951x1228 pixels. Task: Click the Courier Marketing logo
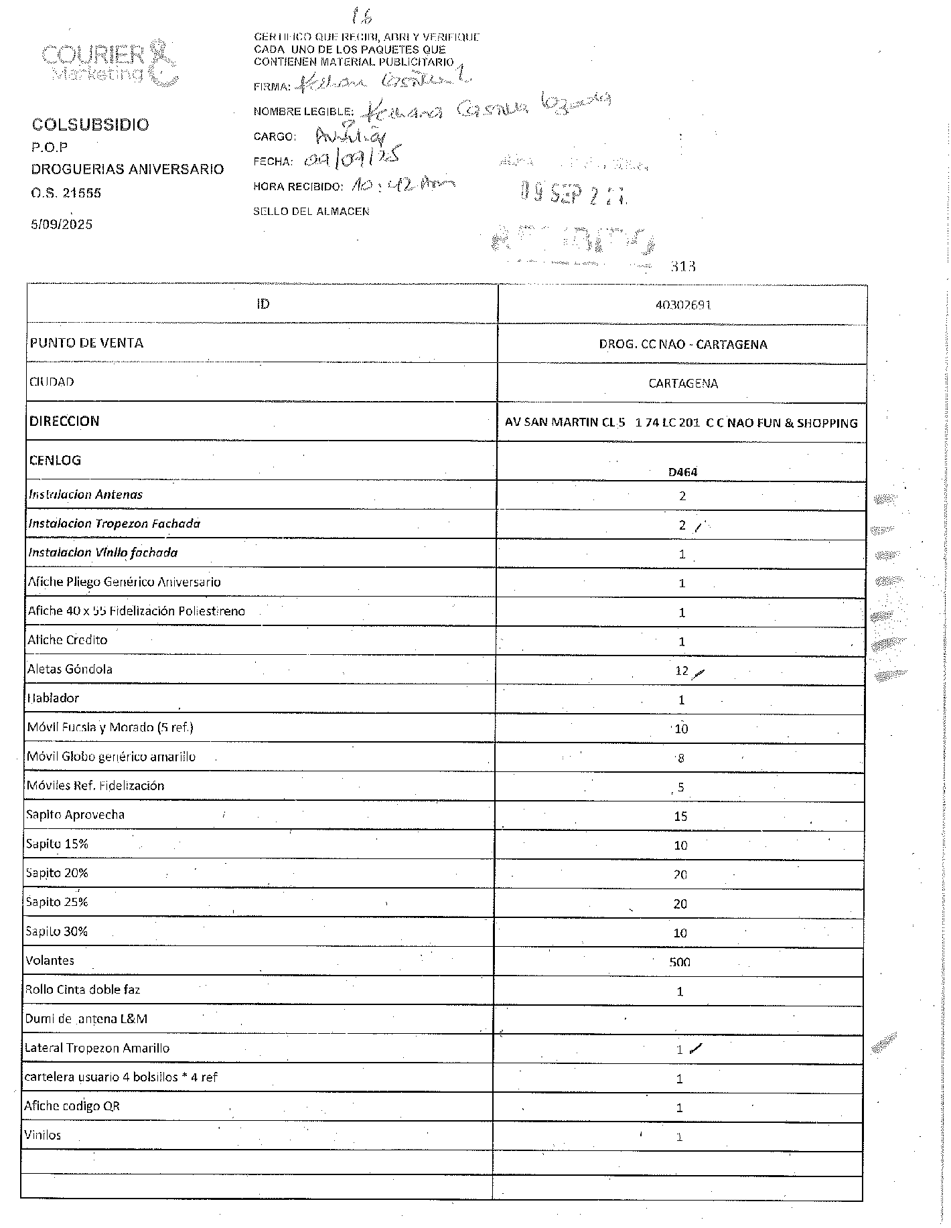(109, 63)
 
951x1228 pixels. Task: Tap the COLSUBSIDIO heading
(90, 125)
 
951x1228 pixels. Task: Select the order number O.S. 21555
(66, 193)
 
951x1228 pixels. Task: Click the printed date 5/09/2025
(62, 224)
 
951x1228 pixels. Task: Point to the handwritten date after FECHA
(352, 158)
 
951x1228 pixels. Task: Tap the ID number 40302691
(682, 305)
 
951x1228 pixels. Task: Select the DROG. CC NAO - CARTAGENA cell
(682, 344)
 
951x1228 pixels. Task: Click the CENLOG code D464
(682, 471)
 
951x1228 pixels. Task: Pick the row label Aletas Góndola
(70, 669)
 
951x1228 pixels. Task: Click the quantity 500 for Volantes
(680, 962)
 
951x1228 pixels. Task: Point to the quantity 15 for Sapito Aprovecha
(680, 816)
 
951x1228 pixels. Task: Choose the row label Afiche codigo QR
(72, 1106)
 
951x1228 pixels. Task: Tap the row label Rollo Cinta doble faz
(82, 990)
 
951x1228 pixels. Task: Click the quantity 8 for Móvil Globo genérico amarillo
(681, 758)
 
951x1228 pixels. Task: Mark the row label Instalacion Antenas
(85, 495)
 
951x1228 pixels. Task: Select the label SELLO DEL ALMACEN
(311, 212)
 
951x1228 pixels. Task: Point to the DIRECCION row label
(64, 421)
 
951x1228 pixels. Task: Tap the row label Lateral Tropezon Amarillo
(97, 1048)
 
